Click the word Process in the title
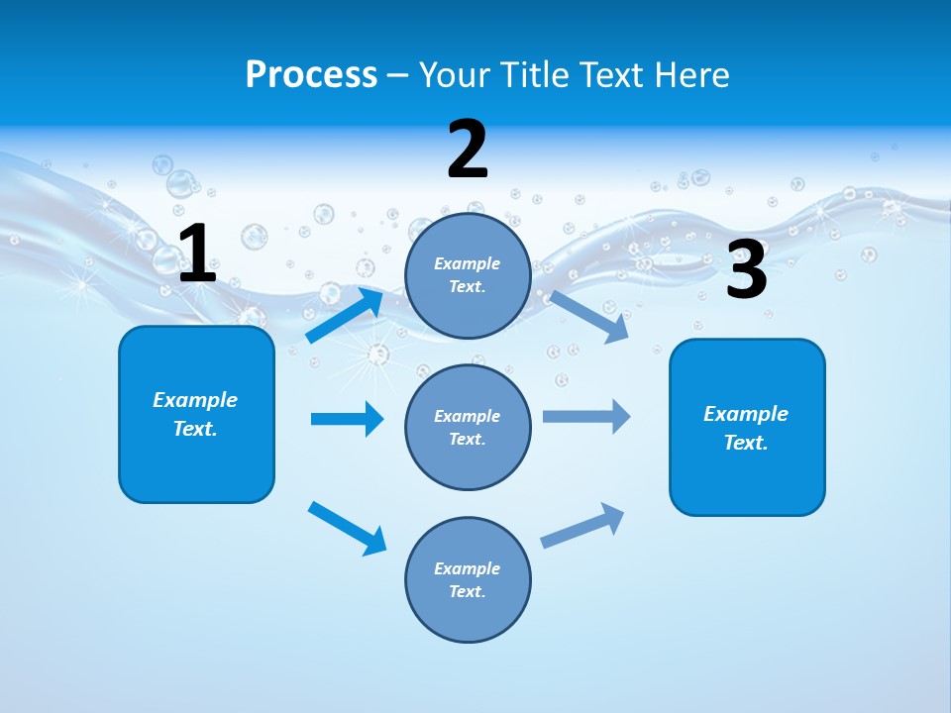click(x=311, y=74)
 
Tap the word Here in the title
click(x=689, y=74)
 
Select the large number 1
click(x=197, y=255)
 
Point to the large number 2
click(x=468, y=151)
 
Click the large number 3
click(x=746, y=270)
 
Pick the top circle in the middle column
click(x=468, y=275)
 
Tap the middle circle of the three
click(x=468, y=427)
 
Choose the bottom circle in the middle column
click(x=468, y=579)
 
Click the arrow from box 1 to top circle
click(x=345, y=315)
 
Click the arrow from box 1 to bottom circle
click(x=347, y=528)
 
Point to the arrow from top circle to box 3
click(x=589, y=316)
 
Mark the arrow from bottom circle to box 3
click(x=583, y=526)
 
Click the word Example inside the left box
click(x=195, y=400)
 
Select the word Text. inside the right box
click(x=746, y=443)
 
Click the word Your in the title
click(x=452, y=74)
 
